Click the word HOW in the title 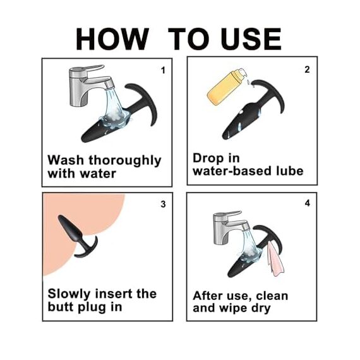tap(112, 39)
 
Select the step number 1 tap(163, 70)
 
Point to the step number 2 tap(307, 69)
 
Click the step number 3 tap(163, 204)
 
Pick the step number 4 tap(308, 203)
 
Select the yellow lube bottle tap(226, 87)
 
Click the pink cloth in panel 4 tap(275, 259)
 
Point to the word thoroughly tap(125, 161)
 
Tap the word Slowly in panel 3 tap(69, 294)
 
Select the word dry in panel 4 tap(261, 309)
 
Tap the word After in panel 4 tap(208, 296)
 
